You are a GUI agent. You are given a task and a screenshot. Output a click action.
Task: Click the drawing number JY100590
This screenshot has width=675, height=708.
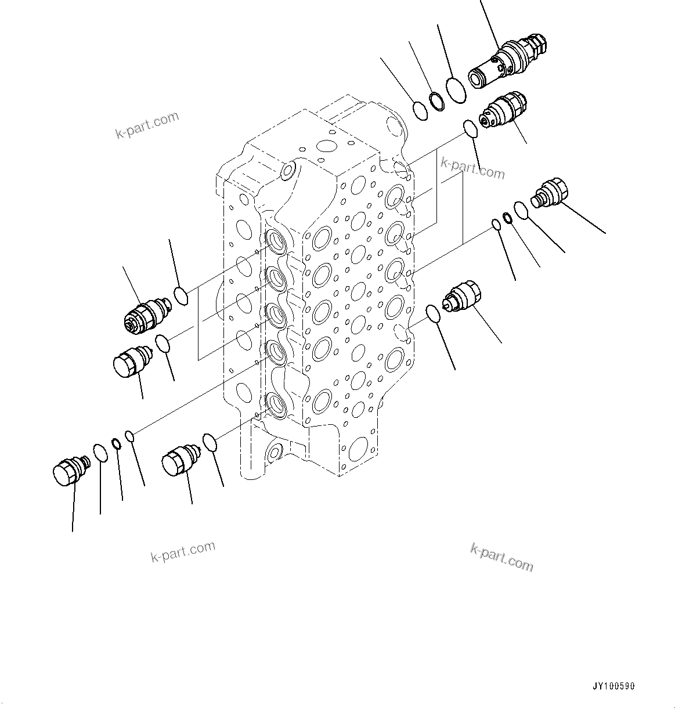coord(614,687)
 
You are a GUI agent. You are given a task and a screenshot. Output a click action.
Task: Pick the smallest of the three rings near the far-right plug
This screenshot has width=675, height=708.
coord(496,225)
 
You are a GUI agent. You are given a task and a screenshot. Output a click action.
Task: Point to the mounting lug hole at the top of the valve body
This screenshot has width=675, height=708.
coord(287,170)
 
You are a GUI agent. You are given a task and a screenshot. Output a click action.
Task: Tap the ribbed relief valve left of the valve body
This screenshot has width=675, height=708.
coord(146,313)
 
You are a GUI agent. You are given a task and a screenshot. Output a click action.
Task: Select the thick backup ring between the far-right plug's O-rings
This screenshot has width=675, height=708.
coord(507,218)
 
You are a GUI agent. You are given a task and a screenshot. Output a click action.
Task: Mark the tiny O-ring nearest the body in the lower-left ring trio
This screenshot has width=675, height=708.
coord(131,435)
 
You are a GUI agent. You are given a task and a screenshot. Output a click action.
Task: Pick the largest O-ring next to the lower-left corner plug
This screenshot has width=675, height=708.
coord(100,453)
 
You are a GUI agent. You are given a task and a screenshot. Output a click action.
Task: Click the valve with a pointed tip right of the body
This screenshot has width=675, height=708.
coord(461,296)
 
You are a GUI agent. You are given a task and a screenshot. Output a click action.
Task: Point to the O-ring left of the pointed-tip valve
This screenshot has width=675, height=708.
coord(432,313)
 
